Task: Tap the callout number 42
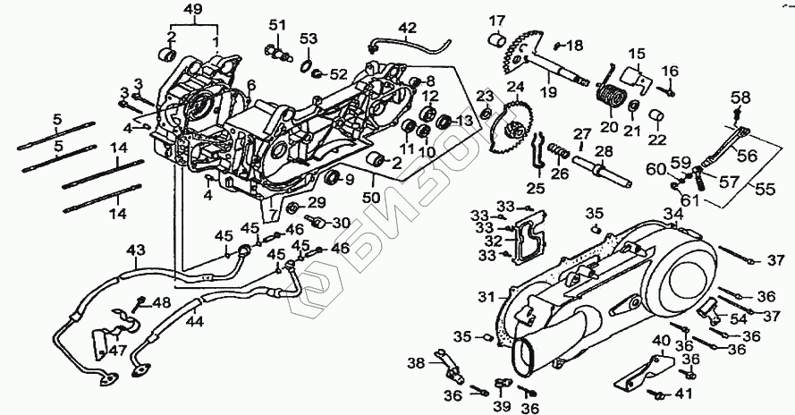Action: (407, 28)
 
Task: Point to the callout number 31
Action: (486, 296)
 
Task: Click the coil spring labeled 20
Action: (611, 93)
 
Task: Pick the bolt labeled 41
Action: (662, 394)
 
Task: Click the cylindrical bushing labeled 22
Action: (656, 118)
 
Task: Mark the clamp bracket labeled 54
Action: (711, 309)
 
